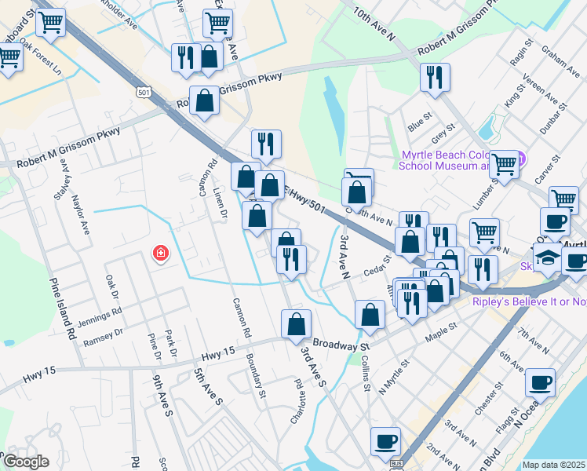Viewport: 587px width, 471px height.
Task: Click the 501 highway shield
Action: (x=143, y=93)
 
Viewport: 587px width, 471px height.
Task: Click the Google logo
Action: (x=26, y=462)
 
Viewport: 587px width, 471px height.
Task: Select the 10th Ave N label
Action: (x=373, y=24)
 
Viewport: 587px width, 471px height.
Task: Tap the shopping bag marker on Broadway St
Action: (x=297, y=324)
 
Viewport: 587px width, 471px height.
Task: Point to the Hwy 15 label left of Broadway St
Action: (x=217, y=356)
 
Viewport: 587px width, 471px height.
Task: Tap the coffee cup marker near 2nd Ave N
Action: (x=385, y=442)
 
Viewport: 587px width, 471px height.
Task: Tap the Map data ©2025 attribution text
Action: (x=554, y=465)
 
